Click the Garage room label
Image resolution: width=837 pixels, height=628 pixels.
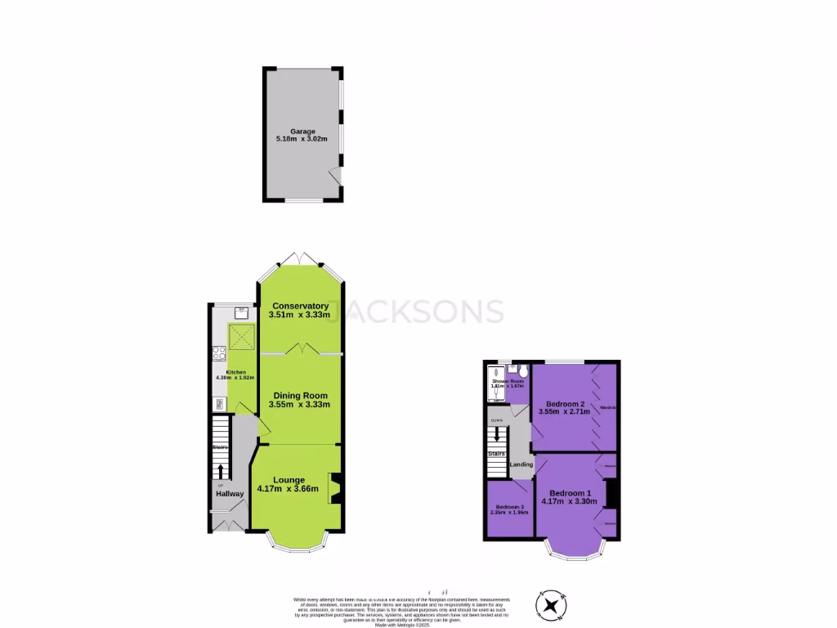click(x=302, y=131)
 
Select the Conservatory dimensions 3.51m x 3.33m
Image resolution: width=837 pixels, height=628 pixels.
click(x=300, y=315)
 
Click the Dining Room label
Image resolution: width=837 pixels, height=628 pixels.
click(x=300, y=395)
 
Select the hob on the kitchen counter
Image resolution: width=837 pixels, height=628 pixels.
click(x=219, y=354)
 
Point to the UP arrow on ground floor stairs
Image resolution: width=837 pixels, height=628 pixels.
click(x=220, y=471)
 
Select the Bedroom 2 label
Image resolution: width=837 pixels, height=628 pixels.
click(x=565, y=404)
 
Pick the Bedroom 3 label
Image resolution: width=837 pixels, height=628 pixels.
click(x=508, y=507)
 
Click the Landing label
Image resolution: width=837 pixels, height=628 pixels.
click(x=521, y=464)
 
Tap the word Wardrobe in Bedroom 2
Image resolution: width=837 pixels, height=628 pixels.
click(x=607, y=407)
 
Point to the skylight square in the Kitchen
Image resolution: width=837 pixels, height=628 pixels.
click(x=242, y=335)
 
